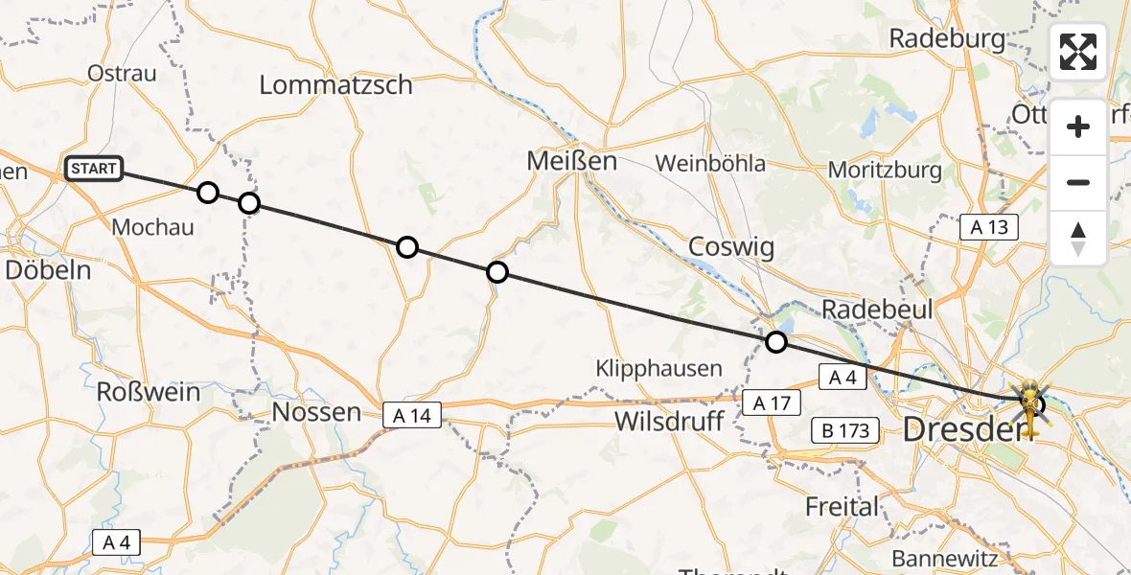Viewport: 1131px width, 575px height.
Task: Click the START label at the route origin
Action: click(94, 170)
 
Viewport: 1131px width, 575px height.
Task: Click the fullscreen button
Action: click(1078, 52)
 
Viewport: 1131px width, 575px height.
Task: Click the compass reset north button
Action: click(1078, 239)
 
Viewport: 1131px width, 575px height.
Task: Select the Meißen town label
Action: click(572, 162)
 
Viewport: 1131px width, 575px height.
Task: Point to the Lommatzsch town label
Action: click(336, 85)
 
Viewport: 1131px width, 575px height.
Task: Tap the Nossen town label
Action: click(316, 413)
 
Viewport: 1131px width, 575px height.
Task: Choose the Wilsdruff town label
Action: click(668, 421)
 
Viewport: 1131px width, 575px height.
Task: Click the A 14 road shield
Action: click(412, 415)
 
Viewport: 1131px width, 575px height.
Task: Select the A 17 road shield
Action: click(773, 403)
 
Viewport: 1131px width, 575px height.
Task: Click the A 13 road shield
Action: click(989, 227)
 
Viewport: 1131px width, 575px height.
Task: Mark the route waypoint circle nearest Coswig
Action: click(776, 342)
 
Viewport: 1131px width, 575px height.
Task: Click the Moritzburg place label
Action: click(886, 171)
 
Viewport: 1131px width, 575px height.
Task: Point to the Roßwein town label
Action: click(149, 392)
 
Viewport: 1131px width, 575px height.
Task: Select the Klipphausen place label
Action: click(658, 368)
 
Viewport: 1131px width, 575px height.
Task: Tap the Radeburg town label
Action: click(947, 39)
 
